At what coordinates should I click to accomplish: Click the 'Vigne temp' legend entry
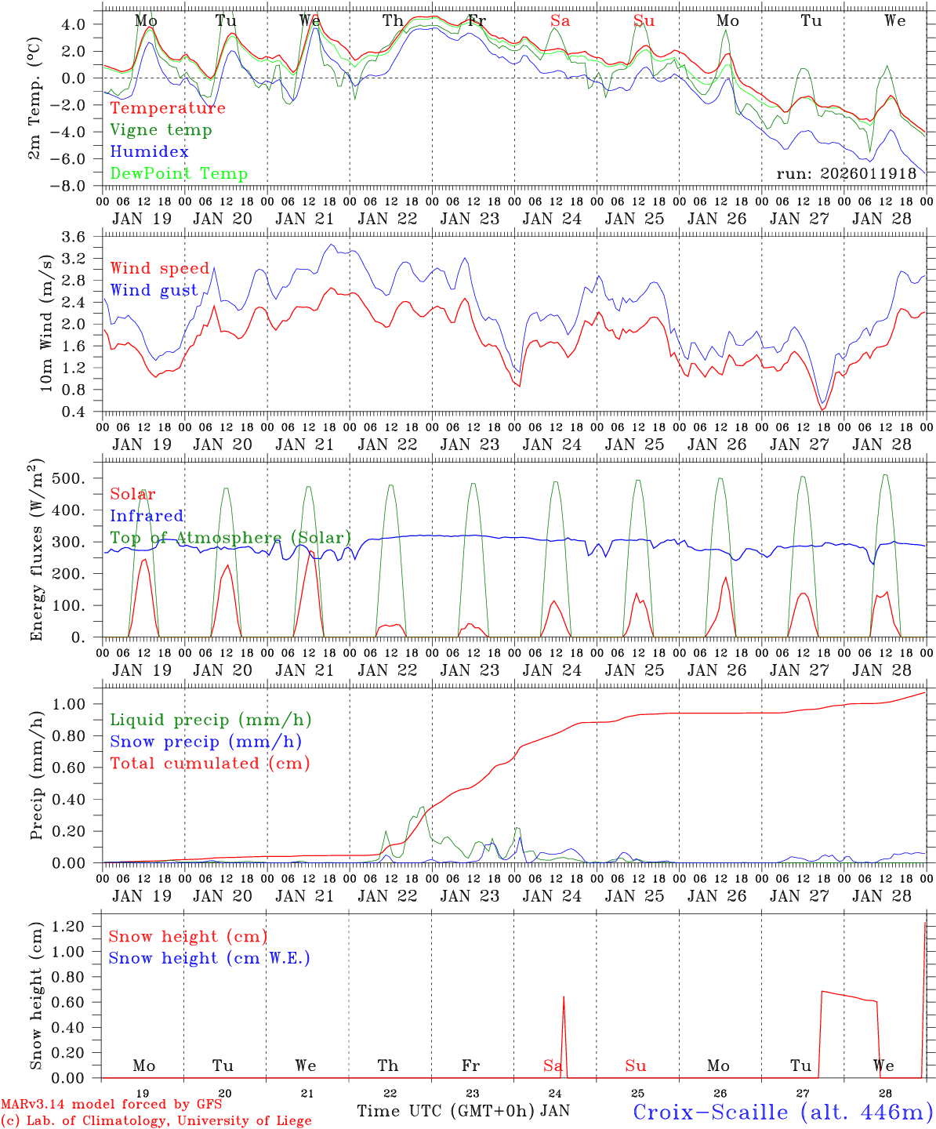[161, 130]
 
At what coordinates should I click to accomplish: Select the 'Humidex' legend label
[149, 152]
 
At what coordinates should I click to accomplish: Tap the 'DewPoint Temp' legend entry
[179, 174]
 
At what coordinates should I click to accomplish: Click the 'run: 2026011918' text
[846, 174]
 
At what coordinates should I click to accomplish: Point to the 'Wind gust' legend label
[154, 290]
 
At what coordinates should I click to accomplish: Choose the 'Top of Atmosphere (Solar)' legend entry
[230, 538]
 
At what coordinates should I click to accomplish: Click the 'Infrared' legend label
[147, 516]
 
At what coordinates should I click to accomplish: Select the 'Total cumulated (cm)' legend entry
[210, 763]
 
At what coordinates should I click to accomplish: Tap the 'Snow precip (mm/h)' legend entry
[206, 742]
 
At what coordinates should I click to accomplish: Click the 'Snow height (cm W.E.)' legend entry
[209, 958]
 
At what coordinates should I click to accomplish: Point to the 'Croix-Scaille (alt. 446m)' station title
[782, 1112]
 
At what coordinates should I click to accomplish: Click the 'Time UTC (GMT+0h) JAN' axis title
[463, 1111]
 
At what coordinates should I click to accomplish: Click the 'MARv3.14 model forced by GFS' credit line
[111, 1105]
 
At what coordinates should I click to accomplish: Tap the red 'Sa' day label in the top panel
[560, 21]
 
